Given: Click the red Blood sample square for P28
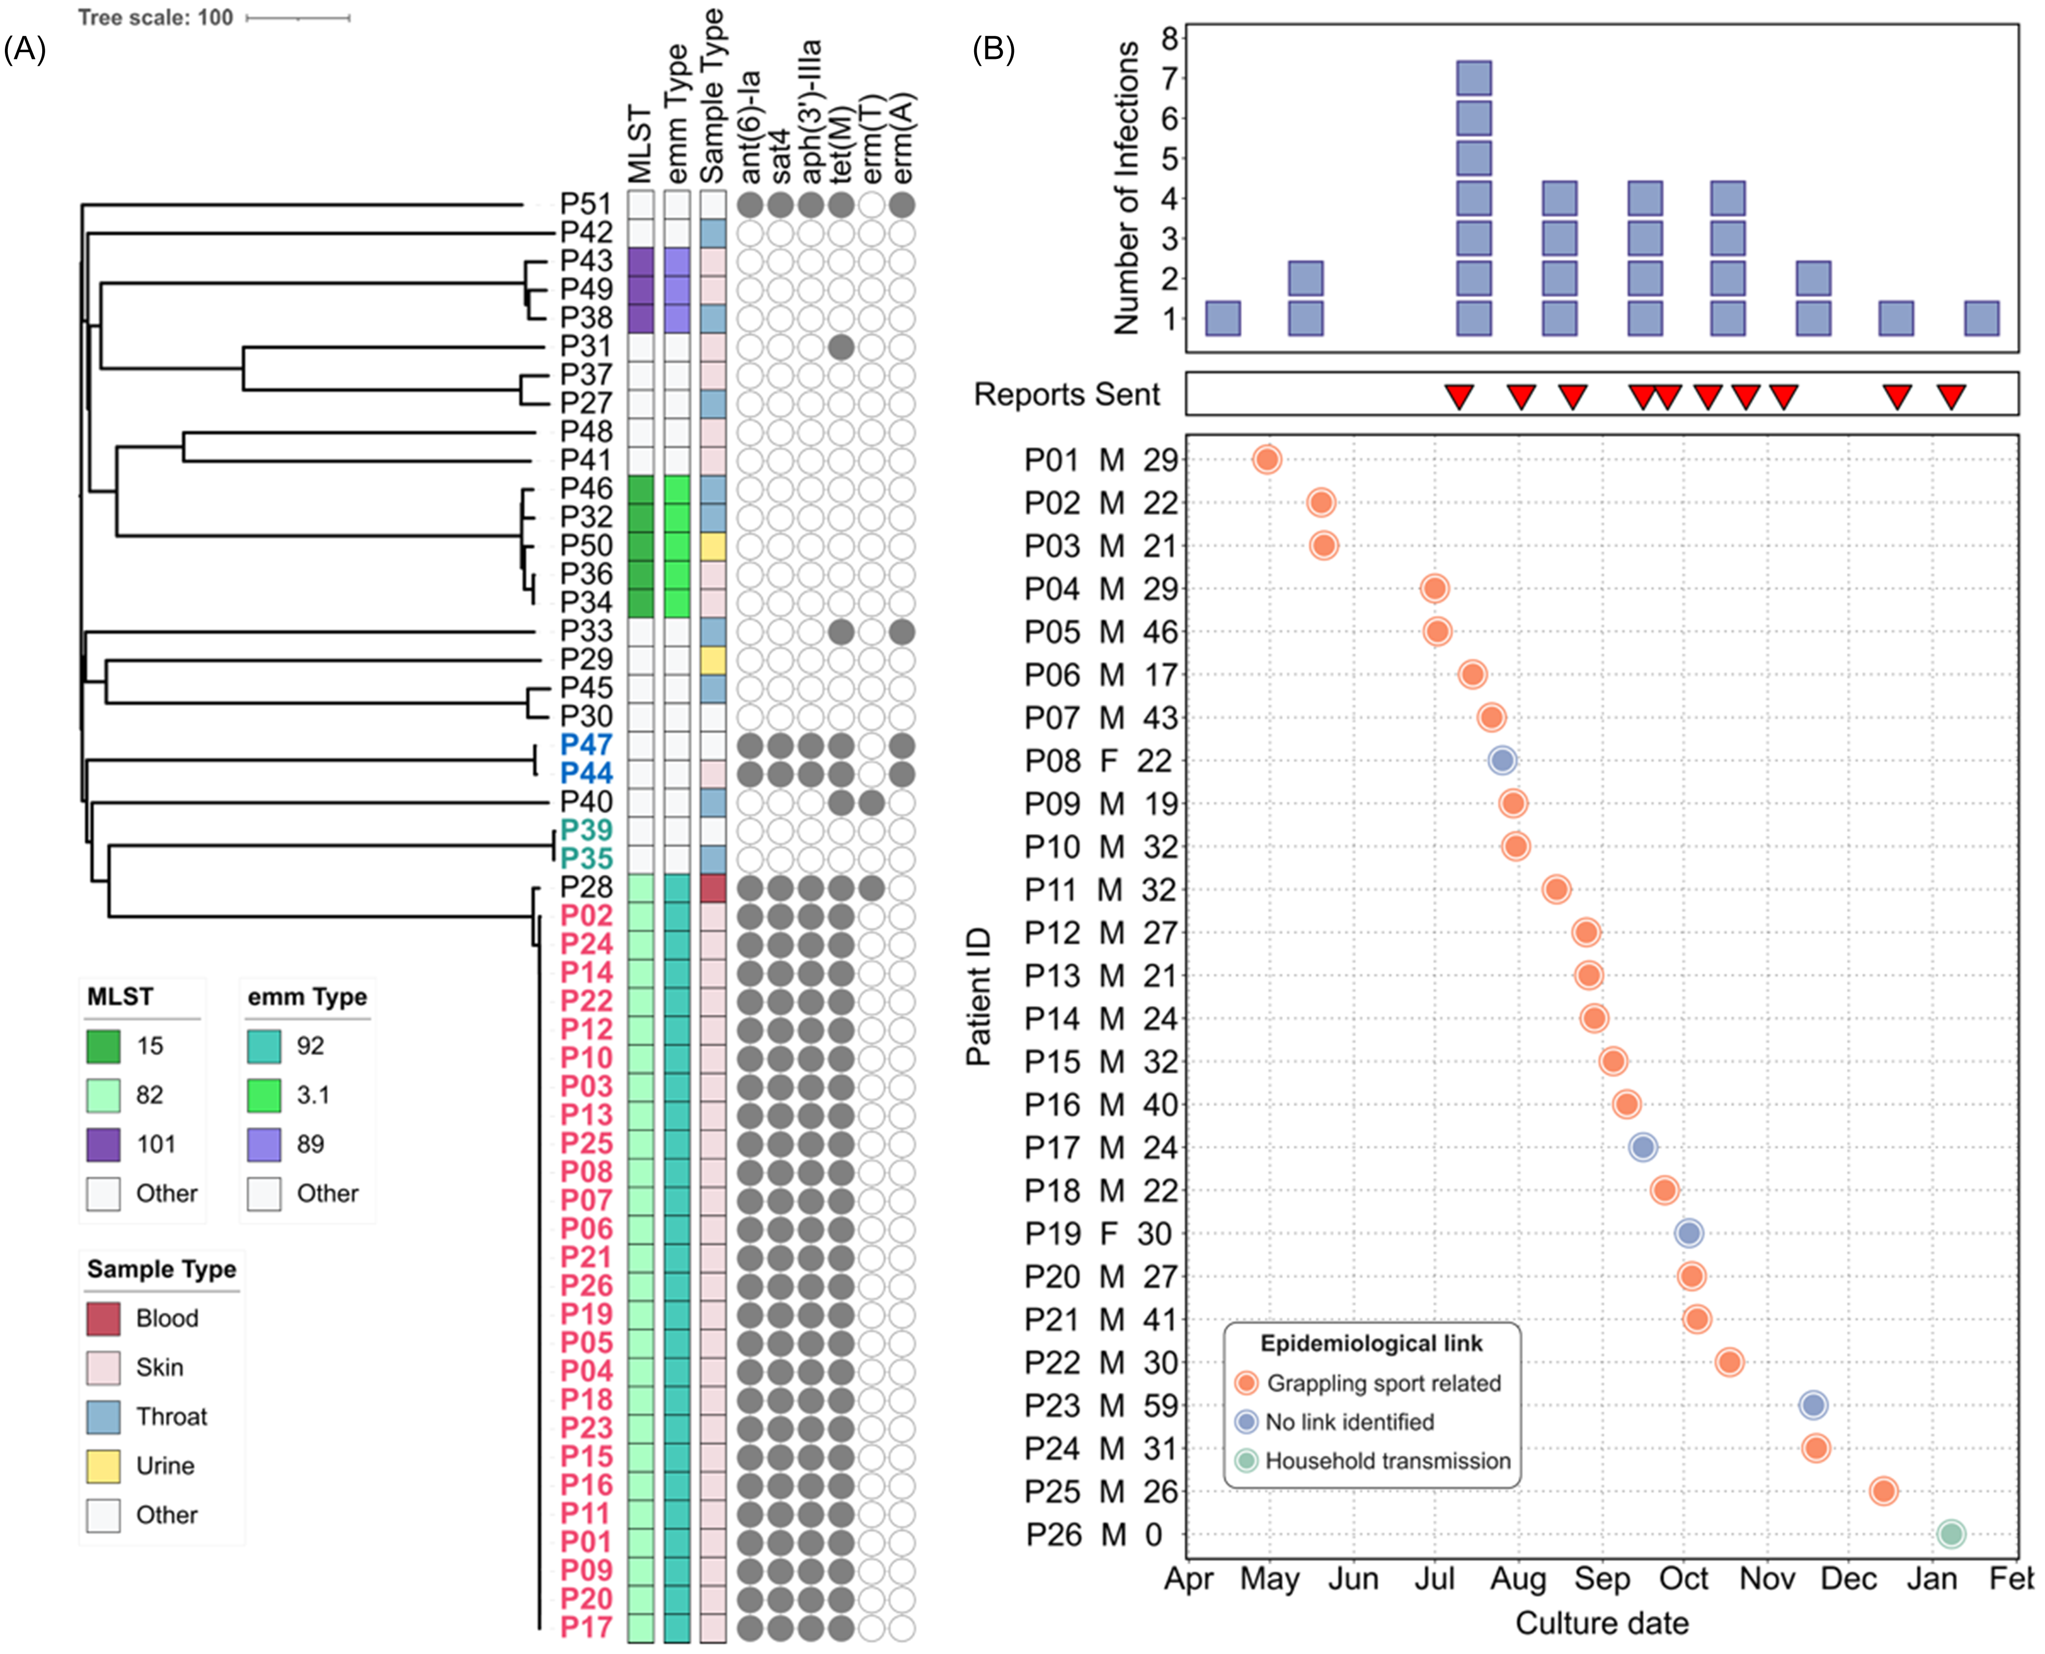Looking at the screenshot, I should point(712,888).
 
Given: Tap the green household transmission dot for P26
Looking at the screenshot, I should point(1951,1534).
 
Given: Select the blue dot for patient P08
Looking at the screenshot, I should point(1502,760).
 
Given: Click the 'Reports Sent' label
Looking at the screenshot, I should point(1066,394).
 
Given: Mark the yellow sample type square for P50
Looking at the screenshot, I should point(712,546).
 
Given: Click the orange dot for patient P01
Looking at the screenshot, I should point(1266,459).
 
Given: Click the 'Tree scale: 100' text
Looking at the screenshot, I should point(155,17).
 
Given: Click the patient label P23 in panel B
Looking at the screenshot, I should point(1052,1406).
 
